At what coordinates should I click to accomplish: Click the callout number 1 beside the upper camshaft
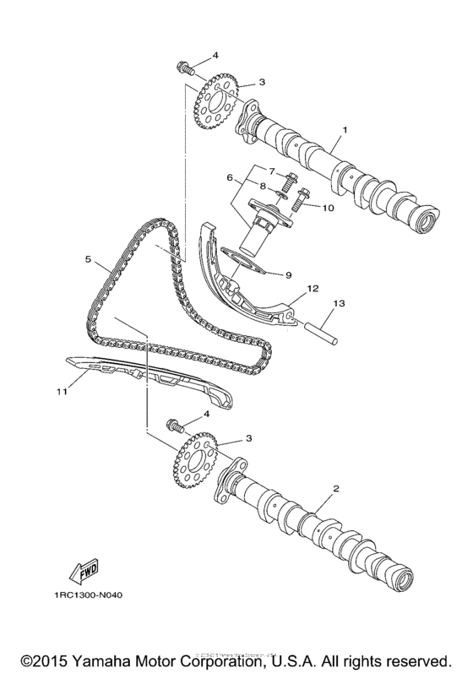pyautogui.click(x=345, y=131)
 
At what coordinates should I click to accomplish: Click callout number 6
pyautogui.click(x=228, y=178)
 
